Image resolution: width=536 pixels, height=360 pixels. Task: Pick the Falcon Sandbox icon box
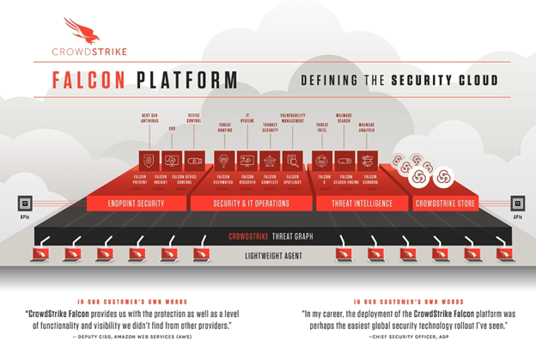(368, 159)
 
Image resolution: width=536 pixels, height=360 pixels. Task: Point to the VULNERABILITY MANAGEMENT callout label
(294, 119)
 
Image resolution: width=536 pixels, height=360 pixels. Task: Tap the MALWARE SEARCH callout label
(344, 119)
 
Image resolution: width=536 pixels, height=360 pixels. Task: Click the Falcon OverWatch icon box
(224, 159)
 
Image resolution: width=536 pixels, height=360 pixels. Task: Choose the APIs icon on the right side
(517, 204)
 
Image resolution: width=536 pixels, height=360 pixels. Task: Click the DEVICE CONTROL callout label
(193, 119)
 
